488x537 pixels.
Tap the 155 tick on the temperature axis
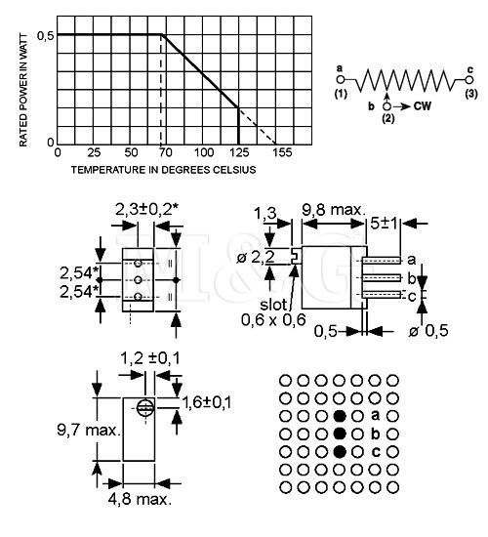point(282,153)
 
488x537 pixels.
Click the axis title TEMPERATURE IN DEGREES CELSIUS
point(164,169)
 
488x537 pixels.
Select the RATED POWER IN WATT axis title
point(22,90)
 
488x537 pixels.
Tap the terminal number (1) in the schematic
point(342,95)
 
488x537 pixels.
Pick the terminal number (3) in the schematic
point(470,95)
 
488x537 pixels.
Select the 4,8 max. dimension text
point(142,500)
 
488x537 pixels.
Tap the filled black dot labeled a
point(340,414)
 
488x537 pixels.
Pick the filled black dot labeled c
point(340,450)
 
